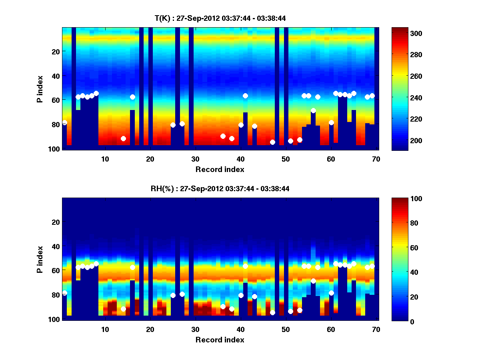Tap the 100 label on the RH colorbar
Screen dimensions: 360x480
coord(404,199)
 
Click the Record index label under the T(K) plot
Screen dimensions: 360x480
coord(220,169)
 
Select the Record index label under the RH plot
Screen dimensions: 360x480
coord(220,340)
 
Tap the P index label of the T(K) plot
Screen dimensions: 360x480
coord(40,89)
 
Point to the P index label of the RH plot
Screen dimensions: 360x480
coord(40,259)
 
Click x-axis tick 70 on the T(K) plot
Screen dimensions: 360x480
coord(376,159)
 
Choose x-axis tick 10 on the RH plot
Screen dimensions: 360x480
coord(105,329)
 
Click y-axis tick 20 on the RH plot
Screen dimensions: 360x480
coord(56,222)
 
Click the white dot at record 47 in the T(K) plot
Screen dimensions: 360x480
coord(272,142)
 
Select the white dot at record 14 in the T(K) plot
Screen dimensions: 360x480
coord(123,138)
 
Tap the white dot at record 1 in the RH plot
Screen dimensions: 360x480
coord(64,293)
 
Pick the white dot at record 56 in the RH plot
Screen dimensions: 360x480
coord(313,281)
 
